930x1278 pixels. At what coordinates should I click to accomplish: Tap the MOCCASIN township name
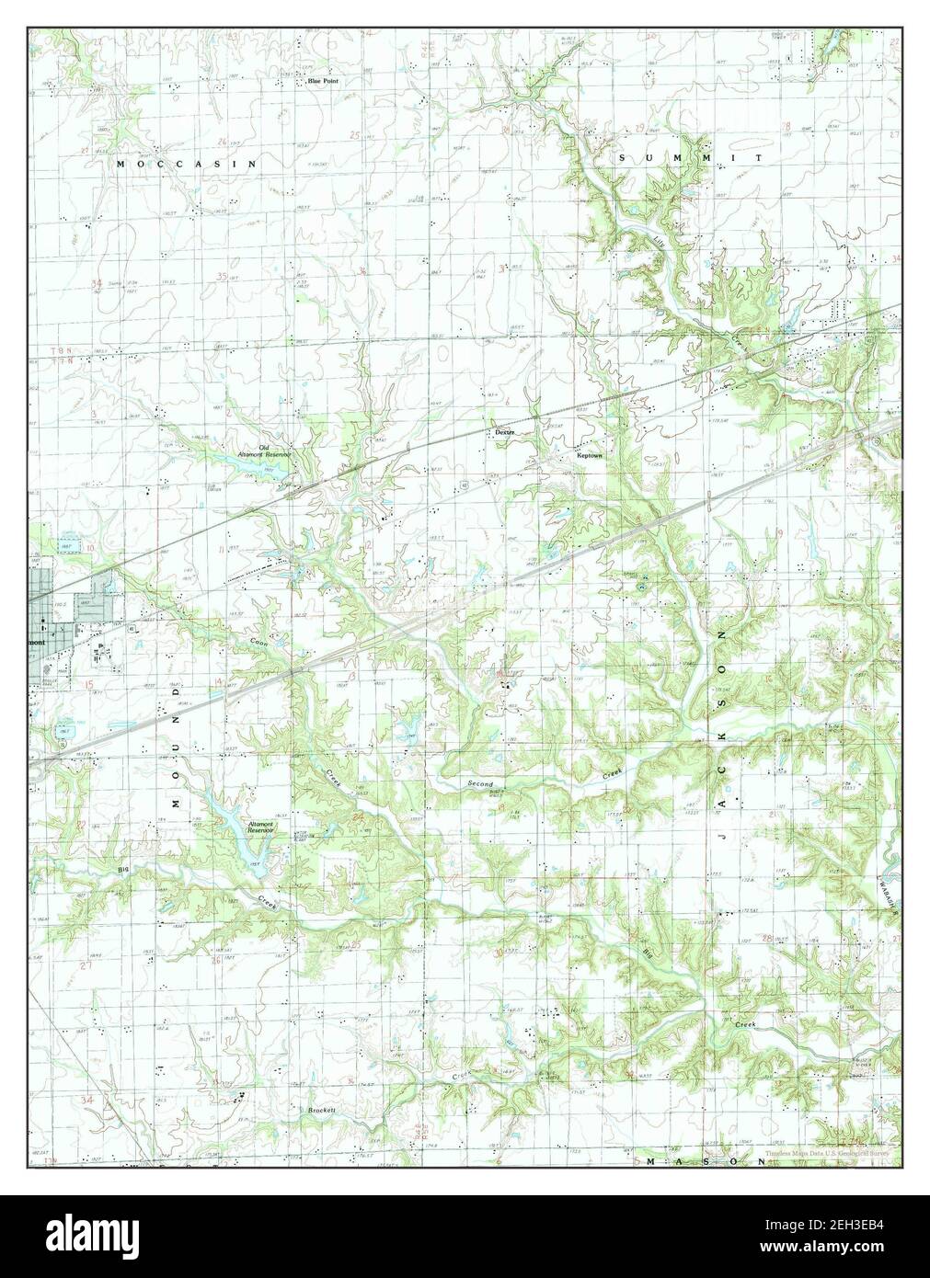tap(186, 163)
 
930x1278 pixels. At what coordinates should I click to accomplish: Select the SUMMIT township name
tap(690, 158)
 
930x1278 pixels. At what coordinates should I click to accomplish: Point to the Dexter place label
tap(502, 431)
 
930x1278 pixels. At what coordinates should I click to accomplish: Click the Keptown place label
tap(589, 455)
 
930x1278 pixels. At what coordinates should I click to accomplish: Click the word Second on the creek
tap(479, 784)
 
